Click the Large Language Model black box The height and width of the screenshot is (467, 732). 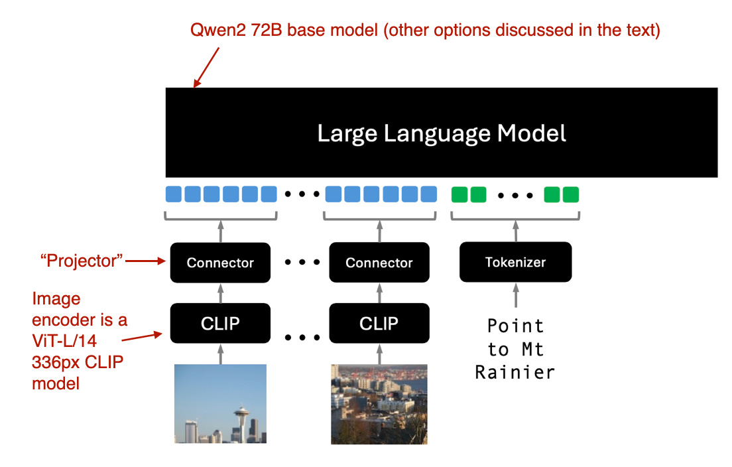tap(441, 133)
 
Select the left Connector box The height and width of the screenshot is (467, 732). tap(220, 263)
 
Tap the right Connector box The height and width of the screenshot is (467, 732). tap(379, 263)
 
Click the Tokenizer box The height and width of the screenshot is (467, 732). tap(515, 262)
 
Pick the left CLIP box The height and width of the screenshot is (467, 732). tap(220, 323)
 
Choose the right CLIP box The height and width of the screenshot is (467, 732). tap(379, 323)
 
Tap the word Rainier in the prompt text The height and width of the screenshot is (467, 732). tap(515, 372)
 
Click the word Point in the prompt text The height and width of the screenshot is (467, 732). tap(515, 326)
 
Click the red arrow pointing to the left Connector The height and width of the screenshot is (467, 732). tap(145, 261)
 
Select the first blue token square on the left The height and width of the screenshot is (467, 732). tap(173, 194)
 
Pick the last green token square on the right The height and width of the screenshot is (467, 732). tap(570, 194)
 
